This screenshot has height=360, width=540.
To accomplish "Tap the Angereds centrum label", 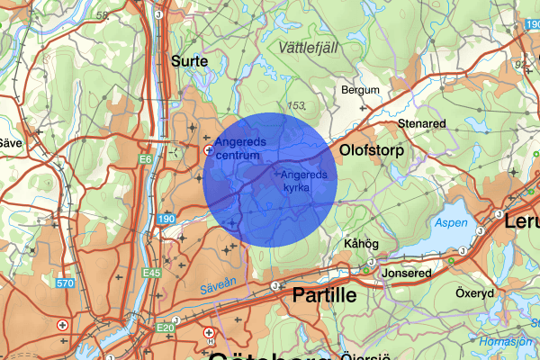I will click(238, 148).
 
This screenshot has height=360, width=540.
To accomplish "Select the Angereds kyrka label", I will click(302, 181).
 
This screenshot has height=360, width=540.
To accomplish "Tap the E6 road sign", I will click(145, 159).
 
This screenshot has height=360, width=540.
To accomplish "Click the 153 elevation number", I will click(297, 105).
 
